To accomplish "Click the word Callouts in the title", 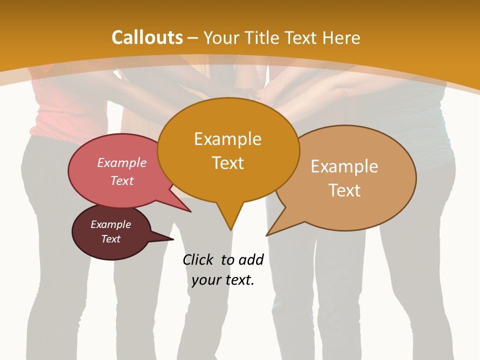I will tap(147, 37).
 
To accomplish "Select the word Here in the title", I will tap(341, 37).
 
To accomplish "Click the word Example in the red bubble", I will tap(122, 162).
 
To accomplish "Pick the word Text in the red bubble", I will tap(122, 180).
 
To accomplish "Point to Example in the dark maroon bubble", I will tap(110, 224).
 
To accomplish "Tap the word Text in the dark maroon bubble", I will tap(110, 239).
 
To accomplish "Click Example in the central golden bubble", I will tap(227, 139).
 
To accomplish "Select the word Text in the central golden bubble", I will tap(227, 163).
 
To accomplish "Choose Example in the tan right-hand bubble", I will tap(344, 166).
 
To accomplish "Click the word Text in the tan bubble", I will tap(344, 190).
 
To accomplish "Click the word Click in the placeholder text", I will tap(199, 260).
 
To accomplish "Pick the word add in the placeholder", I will tap(251, 260).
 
